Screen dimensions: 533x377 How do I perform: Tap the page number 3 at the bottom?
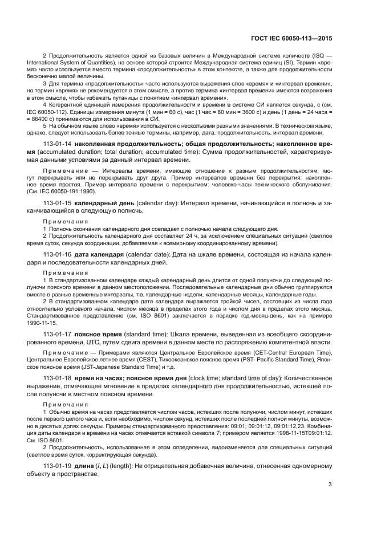click(x=330, y=485)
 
